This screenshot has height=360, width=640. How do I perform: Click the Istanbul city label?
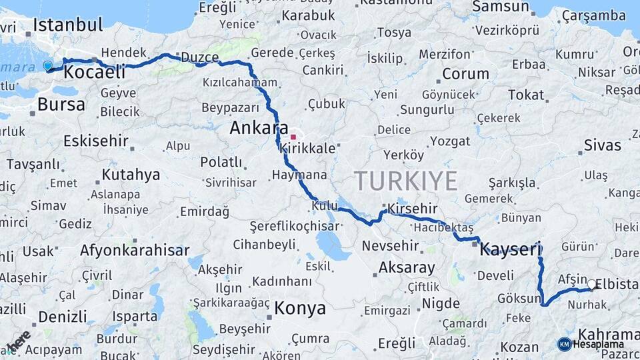tap(68, 25)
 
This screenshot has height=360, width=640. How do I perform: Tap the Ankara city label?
tap(259, 128)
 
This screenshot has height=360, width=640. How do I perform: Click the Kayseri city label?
tap(511, 249)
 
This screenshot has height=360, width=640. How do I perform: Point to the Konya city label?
tap(300, 308)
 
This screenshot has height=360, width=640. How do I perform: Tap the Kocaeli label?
tap(95, 72)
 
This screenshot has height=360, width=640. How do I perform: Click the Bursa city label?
tap(61, 104)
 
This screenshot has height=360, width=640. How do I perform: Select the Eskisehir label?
tap(95, 141)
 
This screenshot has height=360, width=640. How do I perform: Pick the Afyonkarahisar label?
tap(135, 251)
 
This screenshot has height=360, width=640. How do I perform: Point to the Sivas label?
tap(602, 145)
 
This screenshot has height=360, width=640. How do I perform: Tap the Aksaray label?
tap(407, 268)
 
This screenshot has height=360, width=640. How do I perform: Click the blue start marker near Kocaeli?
tap(47, 65)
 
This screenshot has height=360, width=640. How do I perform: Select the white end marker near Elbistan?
tap(591, 284)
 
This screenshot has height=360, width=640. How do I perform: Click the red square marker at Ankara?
tap(293, 137)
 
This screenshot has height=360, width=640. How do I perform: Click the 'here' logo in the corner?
tap(19, 341)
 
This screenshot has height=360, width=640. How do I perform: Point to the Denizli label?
tap(64, 316)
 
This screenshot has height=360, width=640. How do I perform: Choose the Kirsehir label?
tap(412, 209)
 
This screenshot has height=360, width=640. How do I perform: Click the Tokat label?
tap(526, 95)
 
